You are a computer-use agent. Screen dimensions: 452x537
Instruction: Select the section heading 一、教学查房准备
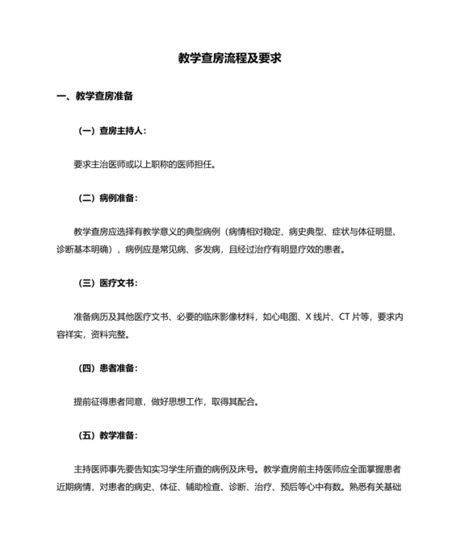pyautogui.click(x=94, y=96)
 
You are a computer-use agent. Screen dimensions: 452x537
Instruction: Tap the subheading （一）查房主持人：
pyautogui.click(x=112, y=130)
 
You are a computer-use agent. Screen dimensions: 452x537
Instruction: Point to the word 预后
pyautogui.click(x=303, y=486)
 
